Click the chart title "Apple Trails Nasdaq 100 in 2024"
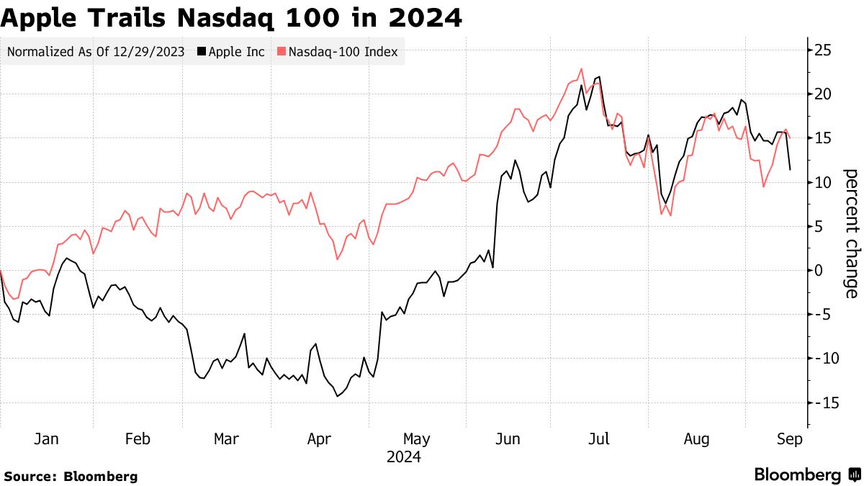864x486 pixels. [231, 17]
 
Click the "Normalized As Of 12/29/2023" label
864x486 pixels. [96, 52]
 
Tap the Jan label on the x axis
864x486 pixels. [46, 439]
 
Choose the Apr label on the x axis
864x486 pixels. [319, 439]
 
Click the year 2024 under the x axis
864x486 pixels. [403, 457]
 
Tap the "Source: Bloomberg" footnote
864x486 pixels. [70, 476]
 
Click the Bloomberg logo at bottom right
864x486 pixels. [806, 475]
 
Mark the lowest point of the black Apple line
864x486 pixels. [337, 396]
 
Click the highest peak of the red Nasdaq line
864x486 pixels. [581, 69]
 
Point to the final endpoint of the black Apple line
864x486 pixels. [791, 170]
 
